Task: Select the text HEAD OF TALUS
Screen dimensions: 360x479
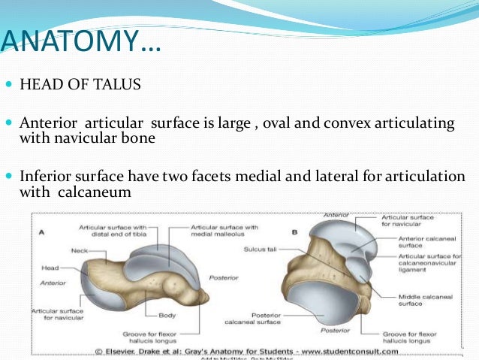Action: tap(80, 84)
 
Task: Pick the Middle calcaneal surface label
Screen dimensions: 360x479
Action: tap(404, 299)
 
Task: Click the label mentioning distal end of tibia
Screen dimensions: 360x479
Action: tap(113, 231)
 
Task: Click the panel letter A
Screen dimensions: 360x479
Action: tap(41, 232)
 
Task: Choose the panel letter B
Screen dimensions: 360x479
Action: tap(294, 232)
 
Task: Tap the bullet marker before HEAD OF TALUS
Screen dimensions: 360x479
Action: tap(9, 85)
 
